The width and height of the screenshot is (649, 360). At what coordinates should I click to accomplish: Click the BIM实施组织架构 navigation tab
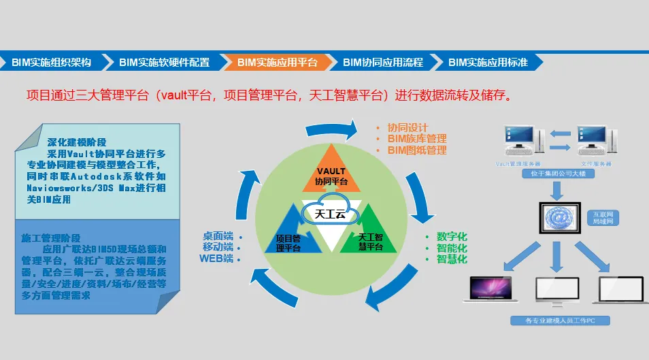pos(52,62)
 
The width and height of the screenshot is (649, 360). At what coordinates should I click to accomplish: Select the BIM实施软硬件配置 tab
pos(164,62)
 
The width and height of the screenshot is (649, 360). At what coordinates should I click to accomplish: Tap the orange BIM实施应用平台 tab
pos(277,62)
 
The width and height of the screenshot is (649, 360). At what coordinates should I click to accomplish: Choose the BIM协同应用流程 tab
pos(383,62)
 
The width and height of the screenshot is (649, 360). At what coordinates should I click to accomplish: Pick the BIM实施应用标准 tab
pos(488,62)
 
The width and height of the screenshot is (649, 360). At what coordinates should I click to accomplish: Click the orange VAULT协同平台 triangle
pos(331,174)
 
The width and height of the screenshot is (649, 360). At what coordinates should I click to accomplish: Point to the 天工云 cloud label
pos(331,214)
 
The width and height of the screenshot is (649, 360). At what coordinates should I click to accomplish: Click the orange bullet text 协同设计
pos(407,127)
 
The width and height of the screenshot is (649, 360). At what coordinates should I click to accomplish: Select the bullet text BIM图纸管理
pos(416,150)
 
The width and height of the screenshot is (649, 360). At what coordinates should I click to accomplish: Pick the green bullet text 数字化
pos(452,236)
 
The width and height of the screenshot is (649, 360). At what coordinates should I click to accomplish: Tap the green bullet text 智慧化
pos(452,259)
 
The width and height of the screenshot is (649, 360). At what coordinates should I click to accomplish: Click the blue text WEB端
pos(216,259)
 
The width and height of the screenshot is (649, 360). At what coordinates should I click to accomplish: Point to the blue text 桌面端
pos(218,235)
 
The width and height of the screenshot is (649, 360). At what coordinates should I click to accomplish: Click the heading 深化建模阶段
pos(77,142)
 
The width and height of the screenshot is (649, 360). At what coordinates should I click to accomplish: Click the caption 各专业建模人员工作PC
pos(561,320)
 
